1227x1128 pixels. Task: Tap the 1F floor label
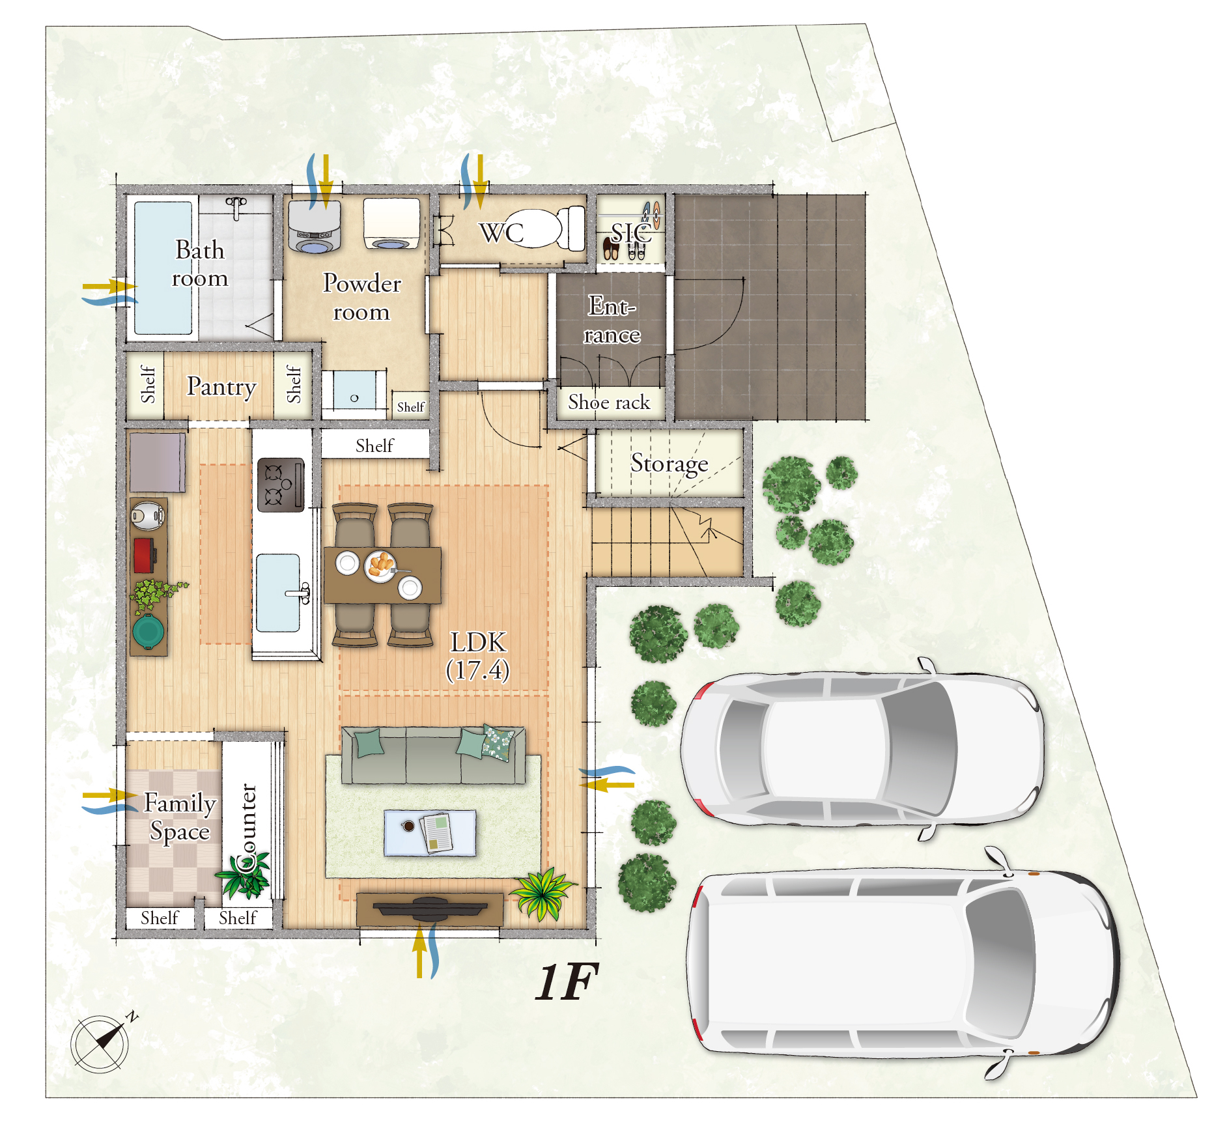(566, 982)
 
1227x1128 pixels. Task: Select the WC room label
(501, 233)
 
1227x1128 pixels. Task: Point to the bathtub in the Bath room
(163, 268)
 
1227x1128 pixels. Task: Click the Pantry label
(221, 387)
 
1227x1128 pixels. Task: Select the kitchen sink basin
(278, 593)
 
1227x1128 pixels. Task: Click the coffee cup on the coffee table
(408, 826)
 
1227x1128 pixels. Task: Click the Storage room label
(669, 464)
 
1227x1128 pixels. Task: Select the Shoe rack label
(609, 402)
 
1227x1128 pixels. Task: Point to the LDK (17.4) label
(478, 656)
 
